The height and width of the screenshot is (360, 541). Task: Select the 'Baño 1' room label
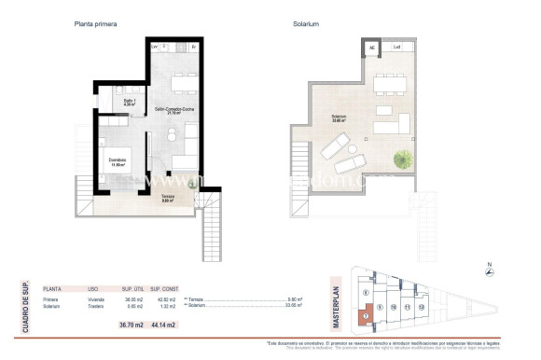[x=131, y=103]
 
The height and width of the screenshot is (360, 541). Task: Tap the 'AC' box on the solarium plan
[x=371, y=48]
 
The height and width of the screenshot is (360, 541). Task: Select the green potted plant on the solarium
[x=405, y=159]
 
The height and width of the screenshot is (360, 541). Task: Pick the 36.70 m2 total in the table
[x=130, y=324]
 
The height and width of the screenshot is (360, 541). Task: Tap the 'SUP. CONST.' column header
[x=163, y=289]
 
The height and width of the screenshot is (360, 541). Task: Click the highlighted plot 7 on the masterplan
[x=366, y=315]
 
